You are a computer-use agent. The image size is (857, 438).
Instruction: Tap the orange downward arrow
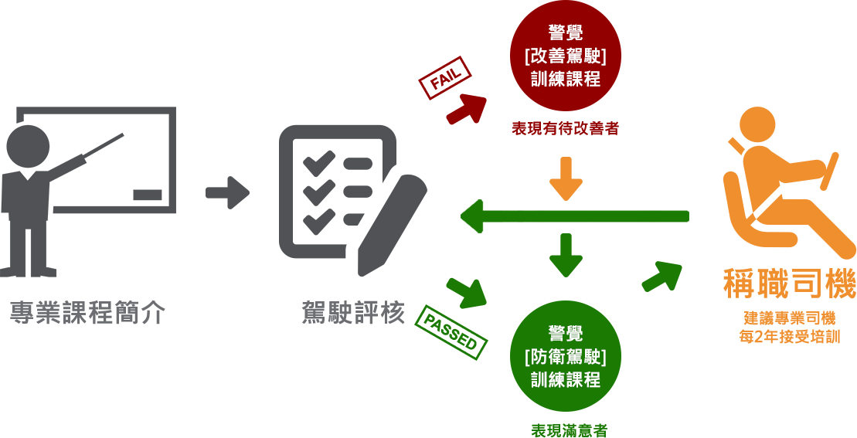(566, 178)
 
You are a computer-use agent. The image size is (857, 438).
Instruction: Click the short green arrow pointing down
(566, 254)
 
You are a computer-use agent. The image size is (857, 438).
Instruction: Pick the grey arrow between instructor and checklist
(227, 192)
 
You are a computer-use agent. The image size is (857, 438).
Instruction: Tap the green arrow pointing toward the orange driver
(662, 275)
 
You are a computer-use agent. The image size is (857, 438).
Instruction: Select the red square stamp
(444, 77)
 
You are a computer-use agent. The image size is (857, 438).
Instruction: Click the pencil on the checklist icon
(394, 223)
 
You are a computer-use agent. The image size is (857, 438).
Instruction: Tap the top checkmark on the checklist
(318, 163)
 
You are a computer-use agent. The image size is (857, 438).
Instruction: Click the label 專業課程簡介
(87, 313)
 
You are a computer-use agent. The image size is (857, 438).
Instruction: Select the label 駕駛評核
(353, 313)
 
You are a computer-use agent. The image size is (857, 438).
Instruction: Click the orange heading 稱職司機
(789, 284)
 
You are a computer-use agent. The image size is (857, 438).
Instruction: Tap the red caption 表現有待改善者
(565, 129)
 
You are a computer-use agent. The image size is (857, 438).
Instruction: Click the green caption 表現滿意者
(569, 430)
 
